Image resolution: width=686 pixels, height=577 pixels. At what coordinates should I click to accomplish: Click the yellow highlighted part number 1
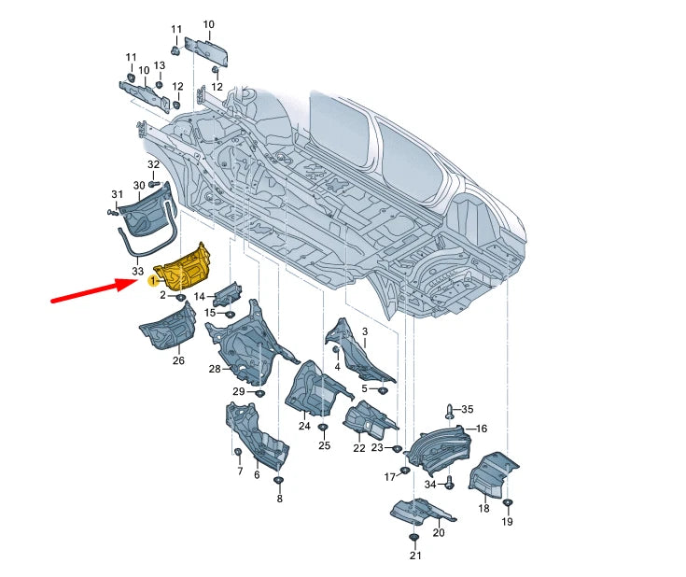(x=153, y=280)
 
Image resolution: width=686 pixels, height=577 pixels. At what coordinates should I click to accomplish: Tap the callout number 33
(x=137, y=272)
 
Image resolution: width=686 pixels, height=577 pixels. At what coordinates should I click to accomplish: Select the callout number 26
(x=178, y=360)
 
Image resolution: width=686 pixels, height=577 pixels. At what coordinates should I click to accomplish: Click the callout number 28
(x=215, y=369)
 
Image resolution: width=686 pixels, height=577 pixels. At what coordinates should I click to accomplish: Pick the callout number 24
(x=304, y=426)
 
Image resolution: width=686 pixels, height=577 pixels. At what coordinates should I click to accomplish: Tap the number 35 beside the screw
(x=468, y=409)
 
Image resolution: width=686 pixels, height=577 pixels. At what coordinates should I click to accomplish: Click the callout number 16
(x=482, y=429)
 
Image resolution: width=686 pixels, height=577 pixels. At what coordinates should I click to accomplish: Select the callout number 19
(x=507, y=521)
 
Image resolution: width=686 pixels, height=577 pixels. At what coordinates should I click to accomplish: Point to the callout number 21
(x=415, y=556)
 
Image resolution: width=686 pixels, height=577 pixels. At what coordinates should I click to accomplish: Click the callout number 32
(x=154, y=164)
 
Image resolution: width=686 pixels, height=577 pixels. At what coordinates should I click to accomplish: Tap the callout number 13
(x=160, y=65)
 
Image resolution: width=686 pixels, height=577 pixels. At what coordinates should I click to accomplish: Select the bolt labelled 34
(x=450, y=483)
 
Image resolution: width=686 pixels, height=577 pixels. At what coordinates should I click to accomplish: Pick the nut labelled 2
(x=180, y=298)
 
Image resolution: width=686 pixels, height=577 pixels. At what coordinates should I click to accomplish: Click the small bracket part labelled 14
(x=228, y=294)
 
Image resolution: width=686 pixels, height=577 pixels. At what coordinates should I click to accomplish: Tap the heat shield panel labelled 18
(x=492, y=475)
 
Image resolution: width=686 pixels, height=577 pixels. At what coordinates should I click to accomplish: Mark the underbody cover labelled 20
(x=422, y=513)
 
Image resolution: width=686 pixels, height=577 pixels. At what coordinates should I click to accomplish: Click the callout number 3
(x=365, y=331)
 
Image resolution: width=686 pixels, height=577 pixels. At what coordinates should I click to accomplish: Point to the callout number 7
(x=240, y=471)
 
